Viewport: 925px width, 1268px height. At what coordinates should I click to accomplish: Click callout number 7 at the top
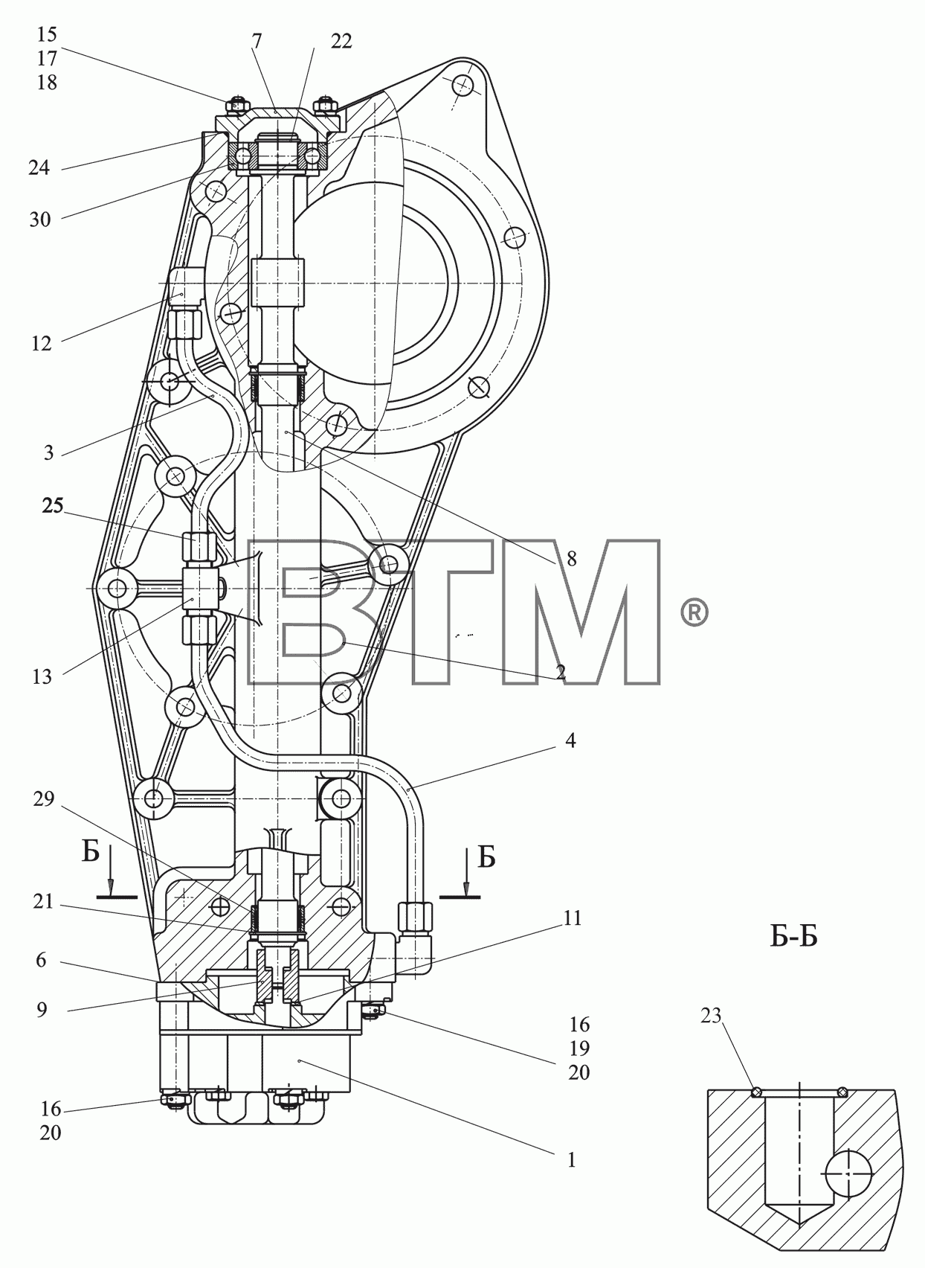pos(257,42)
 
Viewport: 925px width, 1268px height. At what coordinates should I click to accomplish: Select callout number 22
pos(341,42)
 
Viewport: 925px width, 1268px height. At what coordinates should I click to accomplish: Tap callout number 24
pos(39,167)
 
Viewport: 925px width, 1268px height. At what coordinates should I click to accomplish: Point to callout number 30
pos(40,219)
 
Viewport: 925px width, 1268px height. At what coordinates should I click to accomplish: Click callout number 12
pos(42,343)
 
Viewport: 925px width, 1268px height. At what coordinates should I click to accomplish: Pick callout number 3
pos(48,452)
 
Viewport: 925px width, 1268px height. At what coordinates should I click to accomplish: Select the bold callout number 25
pos(53,505)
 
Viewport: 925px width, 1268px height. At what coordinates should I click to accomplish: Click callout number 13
pos(42,676)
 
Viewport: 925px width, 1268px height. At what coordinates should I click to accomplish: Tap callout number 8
pos(571,559)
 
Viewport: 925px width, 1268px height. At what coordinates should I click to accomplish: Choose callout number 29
pos(44,798)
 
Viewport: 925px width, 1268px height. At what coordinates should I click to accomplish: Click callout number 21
pos(43,901)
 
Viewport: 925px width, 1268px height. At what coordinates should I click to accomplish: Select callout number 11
pos(573,918)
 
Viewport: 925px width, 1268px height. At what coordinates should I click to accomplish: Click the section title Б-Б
pos(793,938)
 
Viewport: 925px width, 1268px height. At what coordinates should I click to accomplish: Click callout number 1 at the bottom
pos(571,1160)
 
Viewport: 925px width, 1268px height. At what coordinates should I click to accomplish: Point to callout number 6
pos(41,960)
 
